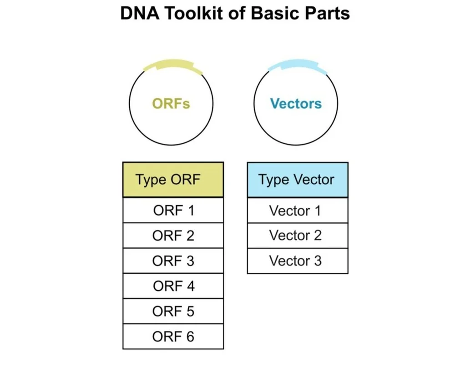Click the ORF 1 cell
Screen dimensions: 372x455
pos(173,211)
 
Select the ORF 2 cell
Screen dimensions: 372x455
pos(173,236)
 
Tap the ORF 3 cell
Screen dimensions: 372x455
pos(173,261)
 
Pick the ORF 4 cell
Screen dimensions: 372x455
pos(173,286)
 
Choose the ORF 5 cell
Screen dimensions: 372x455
pos(173,312)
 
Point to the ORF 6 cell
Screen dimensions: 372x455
pos(173,337)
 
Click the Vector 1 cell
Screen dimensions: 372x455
pos(298,211)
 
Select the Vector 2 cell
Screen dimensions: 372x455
pos(298,236)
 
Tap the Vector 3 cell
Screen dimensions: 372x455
pos(298,261)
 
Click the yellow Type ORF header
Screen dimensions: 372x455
pos(173,180)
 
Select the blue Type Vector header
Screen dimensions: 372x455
pos(298,180)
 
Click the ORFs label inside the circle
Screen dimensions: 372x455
pos(171,104)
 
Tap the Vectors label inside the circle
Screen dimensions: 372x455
pos(296,104)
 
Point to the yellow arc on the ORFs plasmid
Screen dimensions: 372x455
pos(173,65)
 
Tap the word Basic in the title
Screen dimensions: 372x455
pos(269,14)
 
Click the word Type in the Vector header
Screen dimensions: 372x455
pos(273,180)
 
